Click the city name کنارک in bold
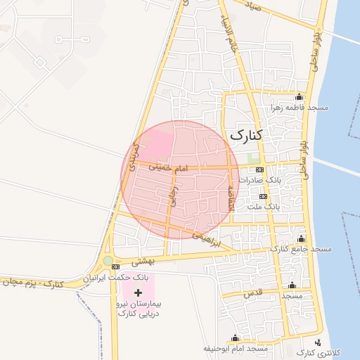click(245, 135)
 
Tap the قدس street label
click(254, 291)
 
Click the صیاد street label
click(251, 7)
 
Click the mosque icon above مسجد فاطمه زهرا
click(300, 97)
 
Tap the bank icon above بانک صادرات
click(259, 170)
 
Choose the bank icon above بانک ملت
click(263, 197)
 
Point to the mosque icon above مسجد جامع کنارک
click(302, 239)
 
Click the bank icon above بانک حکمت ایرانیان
click(115, 267)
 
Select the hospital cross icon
click(137, 292)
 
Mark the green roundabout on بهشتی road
click(108, 261)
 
